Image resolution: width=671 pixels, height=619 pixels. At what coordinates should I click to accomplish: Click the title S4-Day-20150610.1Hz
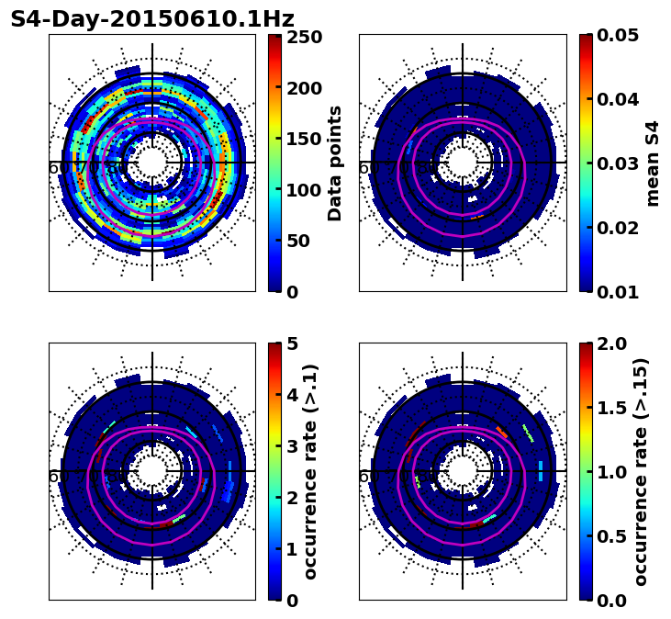point(152,19)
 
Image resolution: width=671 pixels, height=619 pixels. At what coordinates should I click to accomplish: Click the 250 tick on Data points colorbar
point(303,37)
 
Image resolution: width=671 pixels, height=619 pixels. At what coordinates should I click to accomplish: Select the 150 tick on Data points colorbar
point(303,139)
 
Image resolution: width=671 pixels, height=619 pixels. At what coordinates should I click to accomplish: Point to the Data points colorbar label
point(335,163)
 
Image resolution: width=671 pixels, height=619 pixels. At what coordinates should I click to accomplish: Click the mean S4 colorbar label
point(653,163)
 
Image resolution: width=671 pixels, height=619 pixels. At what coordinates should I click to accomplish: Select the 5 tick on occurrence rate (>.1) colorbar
point(293,344)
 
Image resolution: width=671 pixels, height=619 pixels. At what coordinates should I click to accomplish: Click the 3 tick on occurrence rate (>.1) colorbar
point(293,446)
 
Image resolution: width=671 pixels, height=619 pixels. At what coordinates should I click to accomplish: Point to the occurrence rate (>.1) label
point(311,472)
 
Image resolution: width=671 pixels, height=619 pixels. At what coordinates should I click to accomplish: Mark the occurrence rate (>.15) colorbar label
point(641,472)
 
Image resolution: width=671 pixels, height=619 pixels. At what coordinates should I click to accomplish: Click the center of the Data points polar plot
point(152,163)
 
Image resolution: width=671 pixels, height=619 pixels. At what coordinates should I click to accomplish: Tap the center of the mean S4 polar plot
point(463,163)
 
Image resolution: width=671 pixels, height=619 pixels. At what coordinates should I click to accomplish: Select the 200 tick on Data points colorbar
point(303,88)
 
